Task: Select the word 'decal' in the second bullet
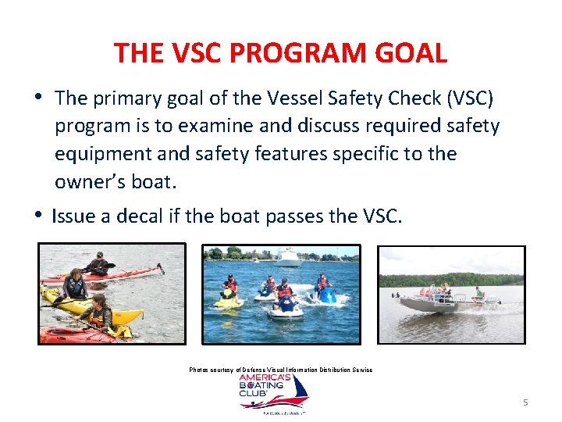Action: click(140, 216)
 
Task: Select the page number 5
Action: click(525, 402)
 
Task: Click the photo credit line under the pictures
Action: click(280, 370)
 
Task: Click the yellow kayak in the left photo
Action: click(94, 310)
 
